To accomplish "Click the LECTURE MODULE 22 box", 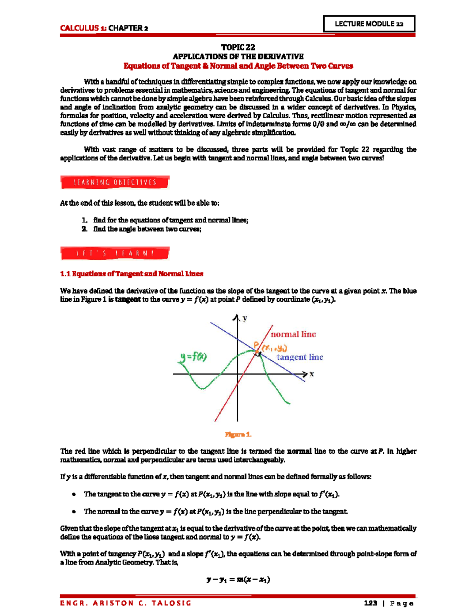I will click(369, 24).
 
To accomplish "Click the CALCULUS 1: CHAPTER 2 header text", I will click(104, 28).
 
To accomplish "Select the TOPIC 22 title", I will click(238, 47).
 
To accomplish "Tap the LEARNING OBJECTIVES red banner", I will click(115, 183).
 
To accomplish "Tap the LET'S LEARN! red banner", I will click(115, 253).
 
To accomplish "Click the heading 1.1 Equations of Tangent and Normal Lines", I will click(131, 274).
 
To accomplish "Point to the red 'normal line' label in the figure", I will click(293, 334).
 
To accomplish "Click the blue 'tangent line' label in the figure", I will click(299, 357).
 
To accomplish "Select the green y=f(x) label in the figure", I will click(191, 357).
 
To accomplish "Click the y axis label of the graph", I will click(245, 318).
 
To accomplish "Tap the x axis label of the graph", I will click(312, 374).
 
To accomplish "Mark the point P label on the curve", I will click(256, 345).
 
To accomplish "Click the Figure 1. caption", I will click(238, 434).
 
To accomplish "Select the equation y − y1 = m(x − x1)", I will click(238, 580).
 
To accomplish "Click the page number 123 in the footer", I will click(370, 603).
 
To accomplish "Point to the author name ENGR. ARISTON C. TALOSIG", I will click(126, 603).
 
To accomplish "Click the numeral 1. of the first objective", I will click(84, 220).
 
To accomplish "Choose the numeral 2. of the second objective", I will click(84, 229).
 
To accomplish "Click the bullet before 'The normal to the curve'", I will click(74, 512).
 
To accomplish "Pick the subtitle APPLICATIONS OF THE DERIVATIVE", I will click(238, 56).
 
